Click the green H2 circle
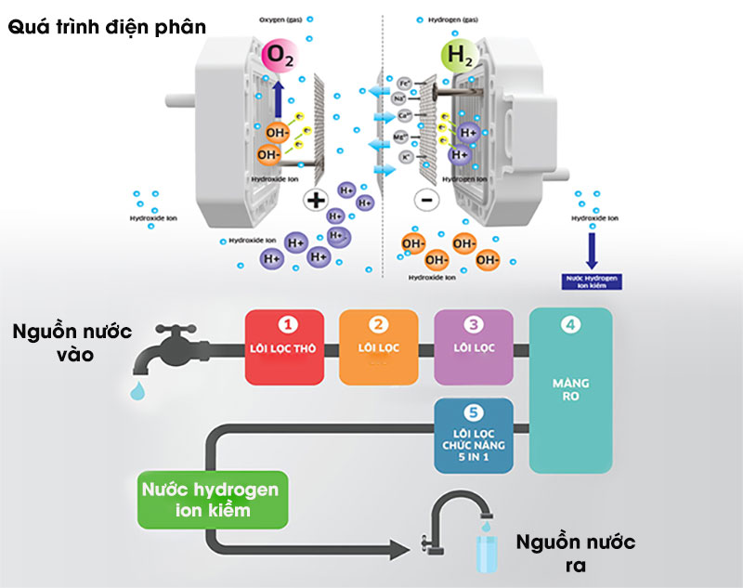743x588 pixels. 456,57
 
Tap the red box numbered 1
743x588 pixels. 288,346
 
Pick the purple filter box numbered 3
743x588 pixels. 474,346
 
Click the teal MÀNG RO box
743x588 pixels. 571,390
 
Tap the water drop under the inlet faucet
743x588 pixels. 138,390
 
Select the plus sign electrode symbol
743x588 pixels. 316,199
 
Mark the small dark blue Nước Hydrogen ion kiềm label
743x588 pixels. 591,281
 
